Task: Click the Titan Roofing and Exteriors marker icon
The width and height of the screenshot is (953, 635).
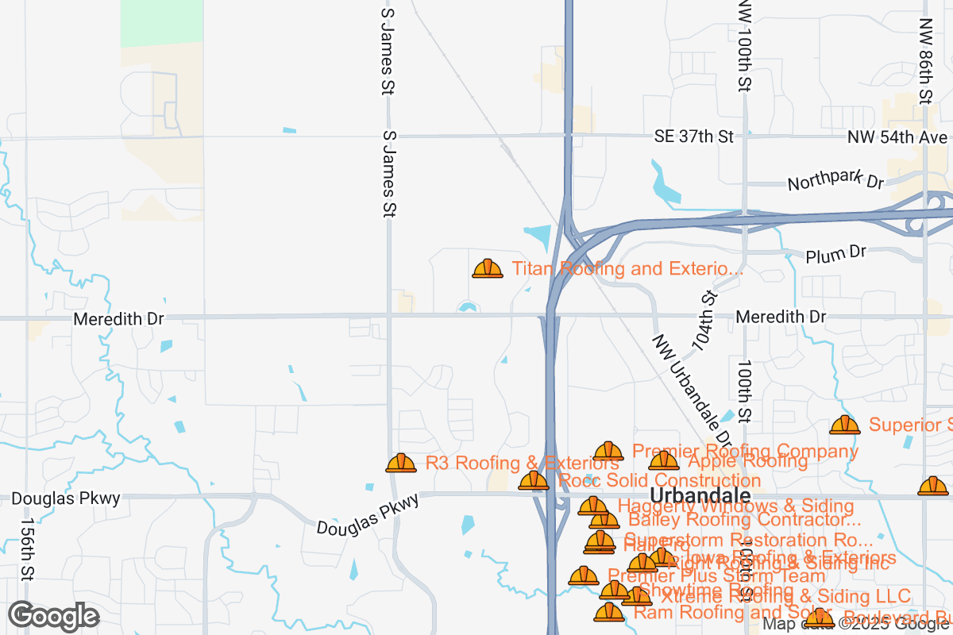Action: [x=488, y=268]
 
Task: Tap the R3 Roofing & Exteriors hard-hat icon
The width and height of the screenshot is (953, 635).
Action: [x=401, y=463]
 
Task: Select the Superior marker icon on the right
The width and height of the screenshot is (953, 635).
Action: [x=845, y=425]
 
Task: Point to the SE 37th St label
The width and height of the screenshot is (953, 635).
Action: [x=693, y=137]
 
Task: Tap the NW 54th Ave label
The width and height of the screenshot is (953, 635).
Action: [x=897, y=137]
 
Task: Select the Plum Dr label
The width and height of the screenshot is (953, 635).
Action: [x=835, y=254]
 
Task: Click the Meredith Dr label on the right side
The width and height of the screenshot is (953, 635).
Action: [x=781, y=317]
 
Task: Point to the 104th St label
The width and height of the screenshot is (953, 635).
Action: [x=704, y=321]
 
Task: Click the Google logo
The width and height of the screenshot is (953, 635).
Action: [x=54, y=616]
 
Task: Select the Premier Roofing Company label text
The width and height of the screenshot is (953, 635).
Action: [x=745, y=451]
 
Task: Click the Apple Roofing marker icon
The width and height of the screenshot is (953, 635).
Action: [x=664, y=460]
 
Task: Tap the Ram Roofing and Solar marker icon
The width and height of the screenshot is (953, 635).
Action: [x=610, y=611]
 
